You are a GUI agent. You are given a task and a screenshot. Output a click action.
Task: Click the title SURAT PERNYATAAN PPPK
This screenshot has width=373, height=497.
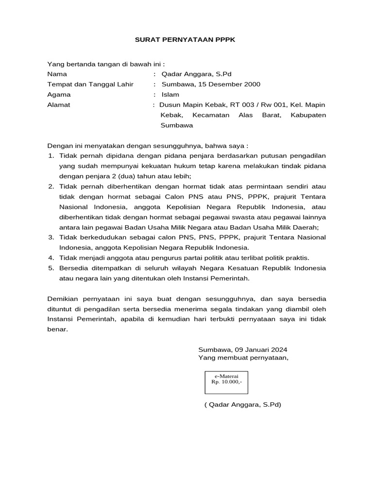(185, 40)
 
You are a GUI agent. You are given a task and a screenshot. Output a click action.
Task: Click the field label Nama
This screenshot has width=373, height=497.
(57, 74)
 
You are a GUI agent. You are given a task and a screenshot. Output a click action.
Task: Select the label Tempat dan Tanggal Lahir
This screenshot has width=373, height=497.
(90, 84)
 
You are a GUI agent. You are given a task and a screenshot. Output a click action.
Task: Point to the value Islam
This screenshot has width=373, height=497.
(170, 95)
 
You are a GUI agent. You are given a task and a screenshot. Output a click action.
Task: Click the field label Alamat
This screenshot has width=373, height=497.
(58, 105)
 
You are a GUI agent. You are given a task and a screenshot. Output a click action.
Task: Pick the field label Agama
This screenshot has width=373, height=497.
(59, 95)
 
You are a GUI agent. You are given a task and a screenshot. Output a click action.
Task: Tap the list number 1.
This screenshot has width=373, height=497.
(51, 155)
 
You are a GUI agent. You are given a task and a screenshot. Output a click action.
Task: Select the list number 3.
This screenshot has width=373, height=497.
(51, 237)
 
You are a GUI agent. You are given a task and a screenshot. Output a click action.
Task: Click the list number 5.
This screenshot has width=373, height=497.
(51, 268)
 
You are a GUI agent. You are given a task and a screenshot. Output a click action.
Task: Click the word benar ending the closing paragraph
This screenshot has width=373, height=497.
(57, 330)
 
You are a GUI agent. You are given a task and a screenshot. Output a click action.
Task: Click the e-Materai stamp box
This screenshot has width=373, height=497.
(226, 382)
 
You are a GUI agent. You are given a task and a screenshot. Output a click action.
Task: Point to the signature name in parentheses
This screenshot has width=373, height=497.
(243, 404)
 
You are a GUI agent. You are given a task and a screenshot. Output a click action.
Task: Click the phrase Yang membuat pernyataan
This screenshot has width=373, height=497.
(243, 358)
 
